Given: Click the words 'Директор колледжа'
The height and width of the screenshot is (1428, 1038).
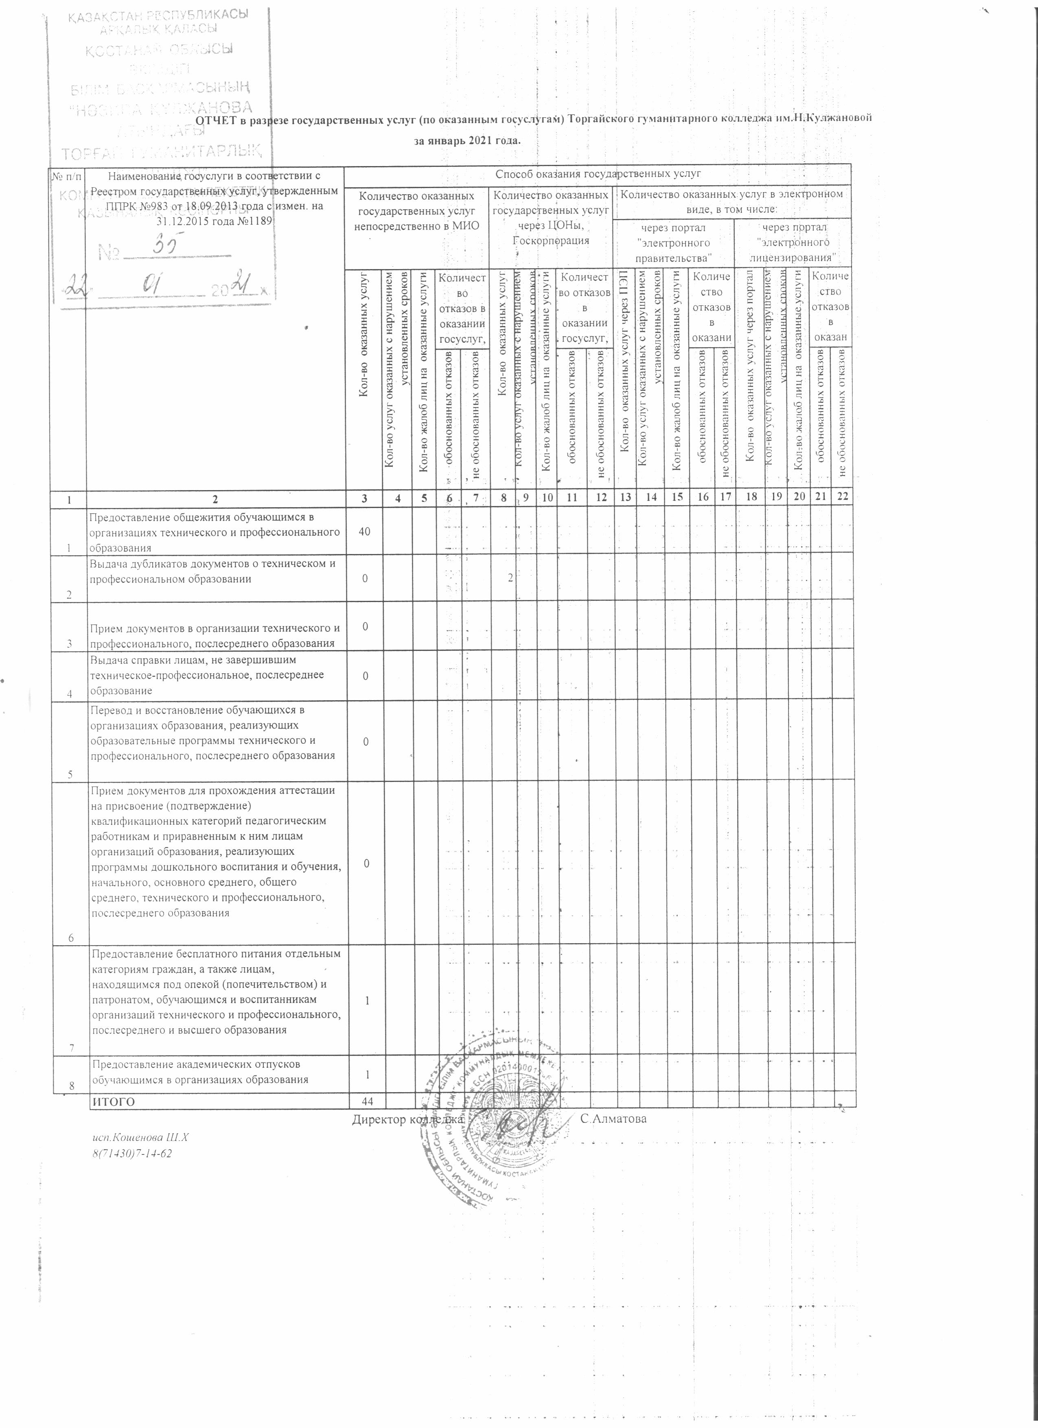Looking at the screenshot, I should tap(408, 1119).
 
